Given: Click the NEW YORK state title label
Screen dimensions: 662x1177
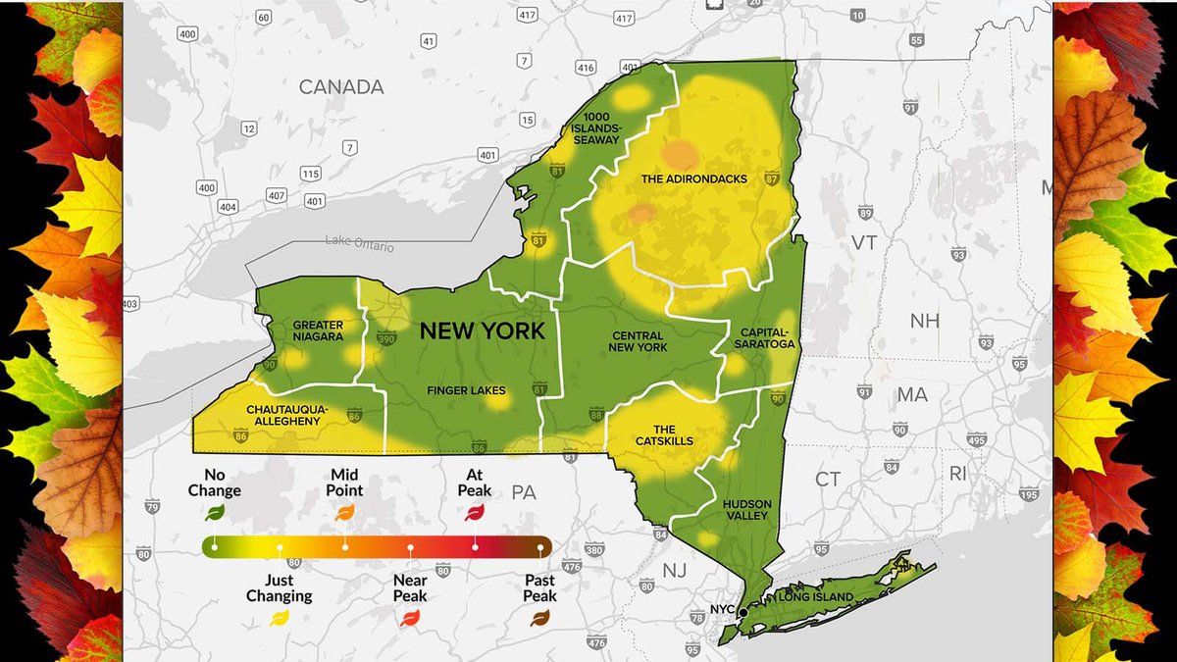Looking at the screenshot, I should pos(482,331).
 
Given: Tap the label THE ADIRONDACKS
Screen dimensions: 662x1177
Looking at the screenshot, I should pos(693,179).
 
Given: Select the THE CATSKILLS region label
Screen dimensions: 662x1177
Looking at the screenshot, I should pos(664,434).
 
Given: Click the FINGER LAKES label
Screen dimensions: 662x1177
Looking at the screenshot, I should pos(466,390).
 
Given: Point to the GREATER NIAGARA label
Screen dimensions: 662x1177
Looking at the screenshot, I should pos(318,331).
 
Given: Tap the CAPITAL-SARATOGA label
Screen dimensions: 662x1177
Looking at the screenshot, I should pos(766,338).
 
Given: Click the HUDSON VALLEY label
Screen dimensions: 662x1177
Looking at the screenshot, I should pos(746,510).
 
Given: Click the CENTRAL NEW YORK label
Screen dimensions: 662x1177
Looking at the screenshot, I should pos(638,341).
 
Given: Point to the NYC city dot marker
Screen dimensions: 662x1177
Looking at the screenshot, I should pos(742,612).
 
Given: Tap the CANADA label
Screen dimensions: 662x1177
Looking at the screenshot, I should pos(341,87).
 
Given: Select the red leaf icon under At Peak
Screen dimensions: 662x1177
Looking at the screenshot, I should pos(475,511).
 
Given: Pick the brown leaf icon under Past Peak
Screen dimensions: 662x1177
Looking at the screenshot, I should pos(539,617).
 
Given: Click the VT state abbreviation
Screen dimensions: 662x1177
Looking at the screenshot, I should pos(864,242).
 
